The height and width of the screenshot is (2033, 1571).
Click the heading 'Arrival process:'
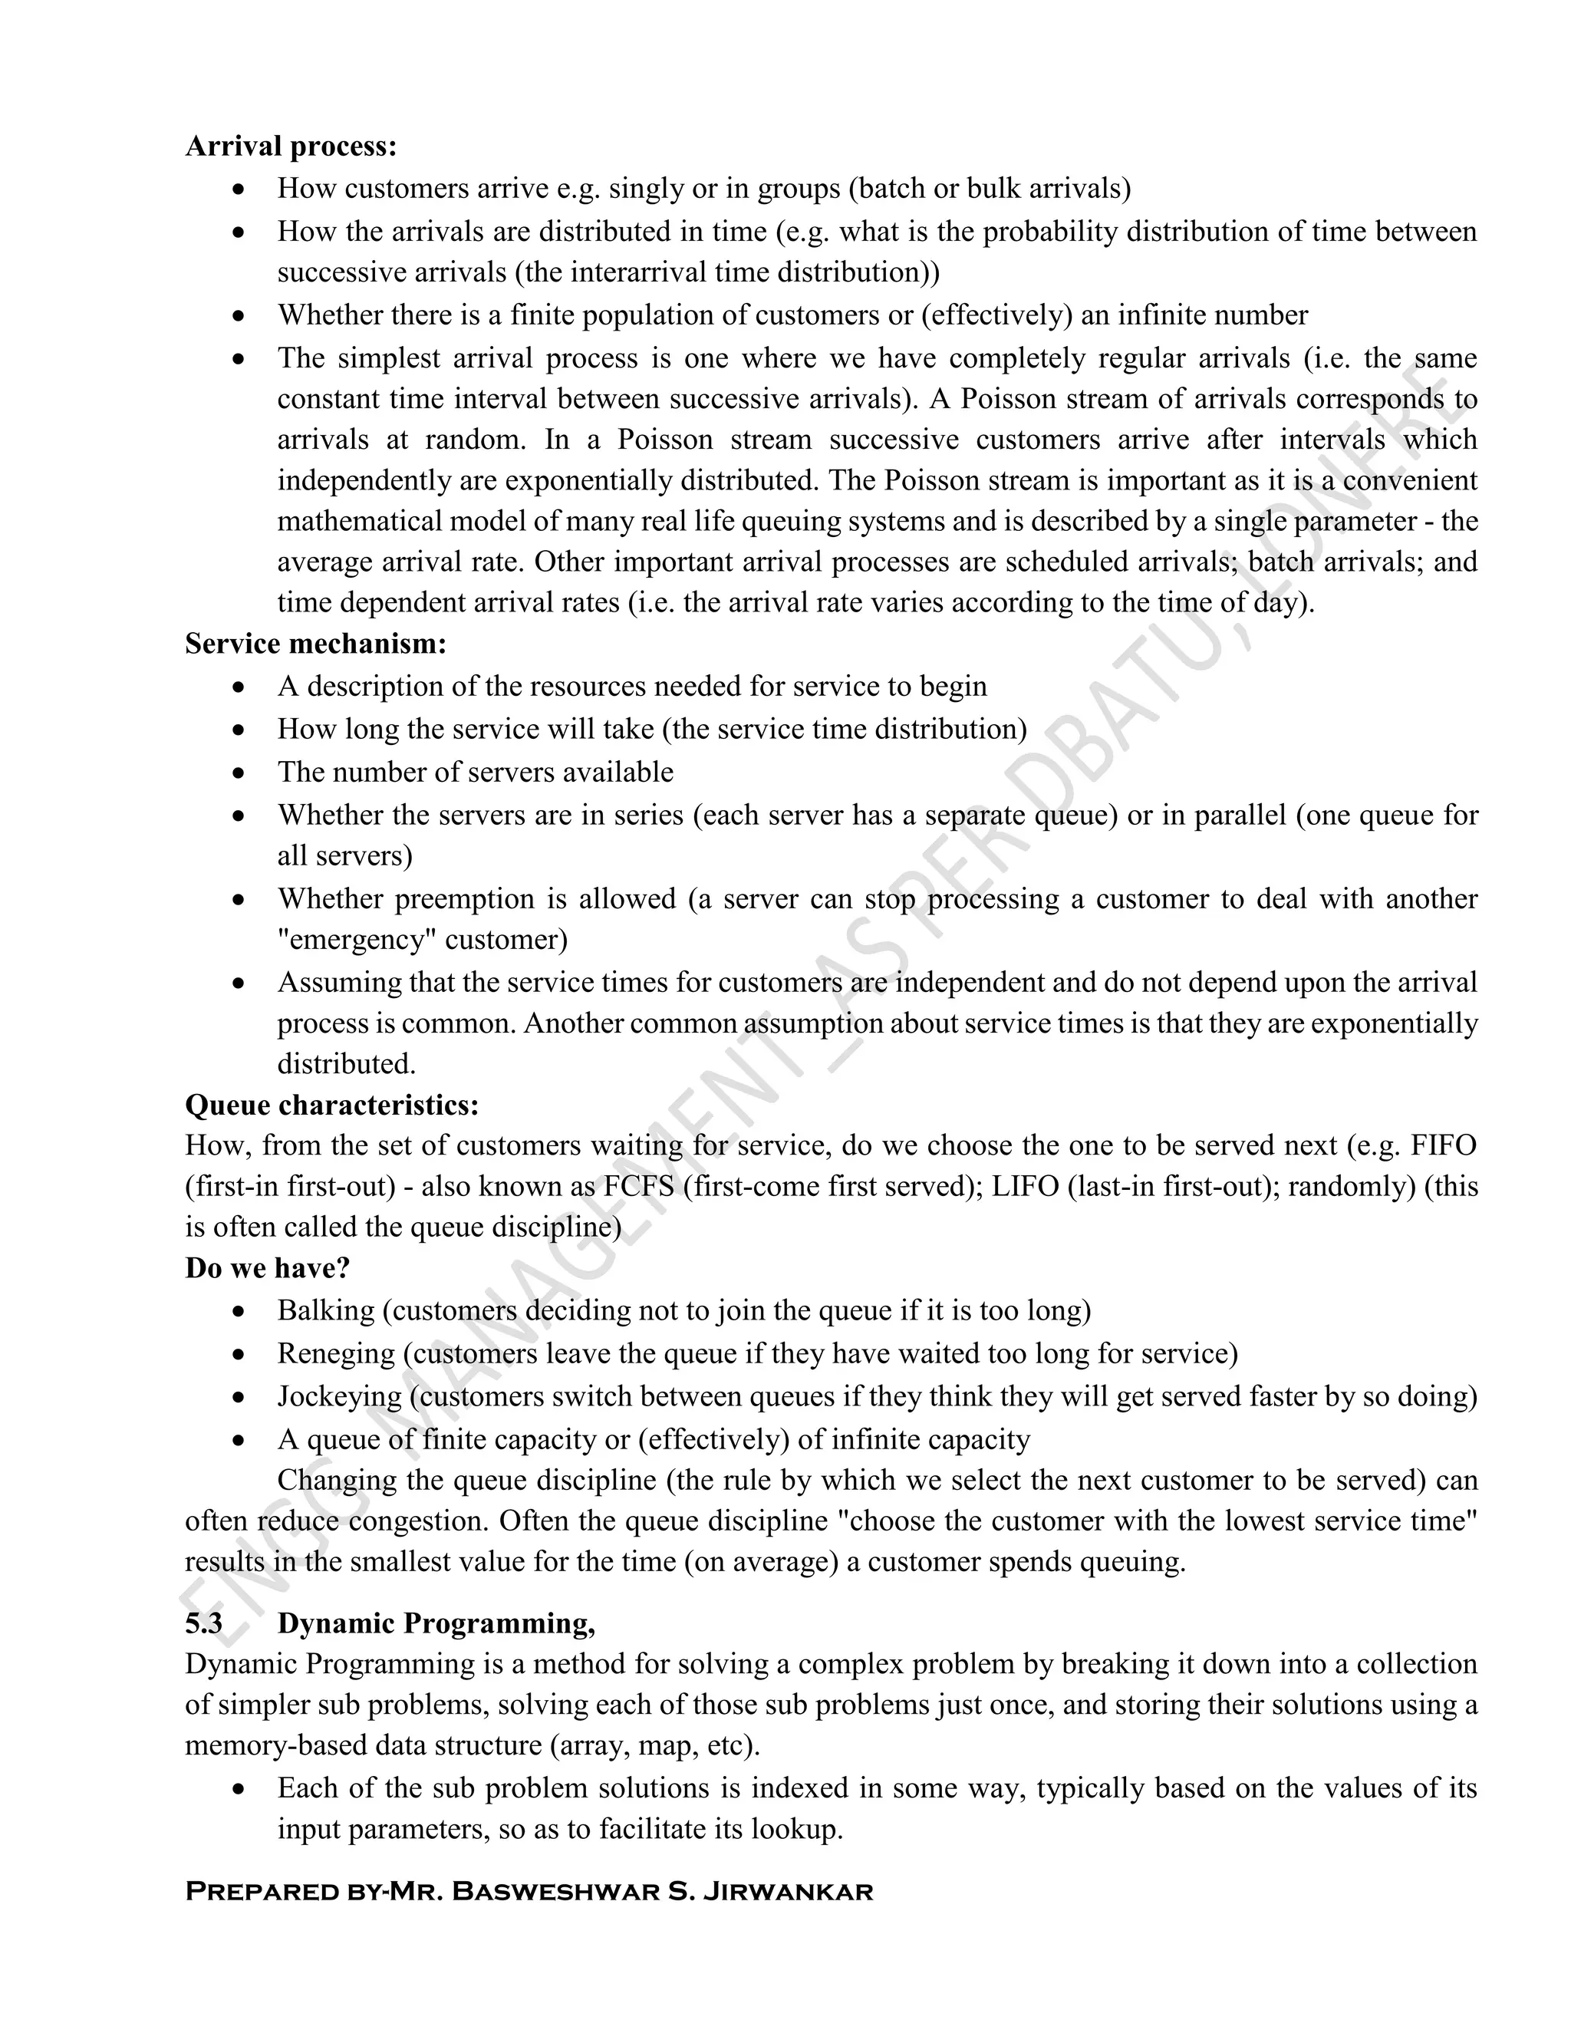(x=291, y=146)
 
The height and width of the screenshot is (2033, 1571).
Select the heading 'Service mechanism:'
(x=315, y=643)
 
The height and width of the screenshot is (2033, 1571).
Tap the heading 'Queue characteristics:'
(x=331, y=1105)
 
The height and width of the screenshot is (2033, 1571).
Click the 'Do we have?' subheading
(x=267, y=1268)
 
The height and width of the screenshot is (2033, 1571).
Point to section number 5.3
(x=204, y=1623)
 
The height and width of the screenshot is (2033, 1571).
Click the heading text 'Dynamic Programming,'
(x=436, y=1623)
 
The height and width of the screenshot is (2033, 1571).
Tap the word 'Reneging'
(x=336, y=1353)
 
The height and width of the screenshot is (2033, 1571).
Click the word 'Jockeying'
(x=340, y=1396)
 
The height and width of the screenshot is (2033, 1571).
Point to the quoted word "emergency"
(x=357, y=939)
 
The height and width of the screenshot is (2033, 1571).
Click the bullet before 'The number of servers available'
(x=240, y=773)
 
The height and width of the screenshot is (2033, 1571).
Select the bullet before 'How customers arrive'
(x=240, y=189)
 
